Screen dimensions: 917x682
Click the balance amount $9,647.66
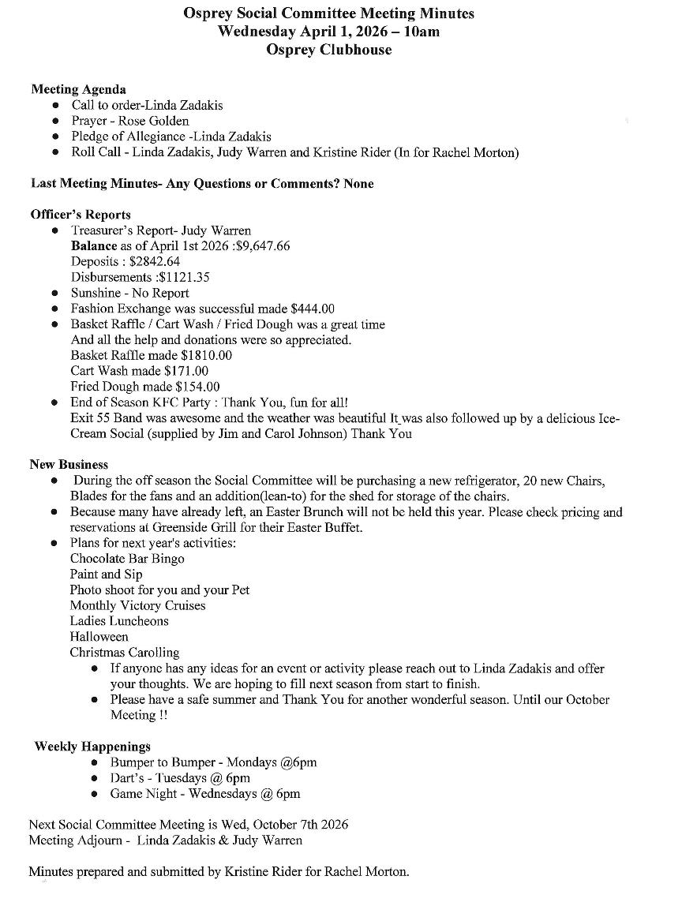(x=263, y=245)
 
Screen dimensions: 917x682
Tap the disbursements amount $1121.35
(x=186, y=277)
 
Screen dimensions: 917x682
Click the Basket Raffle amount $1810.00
(x=206, y=355)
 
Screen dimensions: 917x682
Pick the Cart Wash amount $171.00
(x=186, y=371)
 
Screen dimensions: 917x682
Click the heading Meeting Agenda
(x=78, y=89)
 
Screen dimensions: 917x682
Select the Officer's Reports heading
(x=81, y=215)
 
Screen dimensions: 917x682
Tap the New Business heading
(x=69, y=465)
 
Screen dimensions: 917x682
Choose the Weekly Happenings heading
(x=92, y=747)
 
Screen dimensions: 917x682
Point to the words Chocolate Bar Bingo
(x=127, y=559)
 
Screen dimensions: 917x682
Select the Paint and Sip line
(x=106, y=575)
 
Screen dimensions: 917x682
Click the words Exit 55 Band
(x=102, y=418)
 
